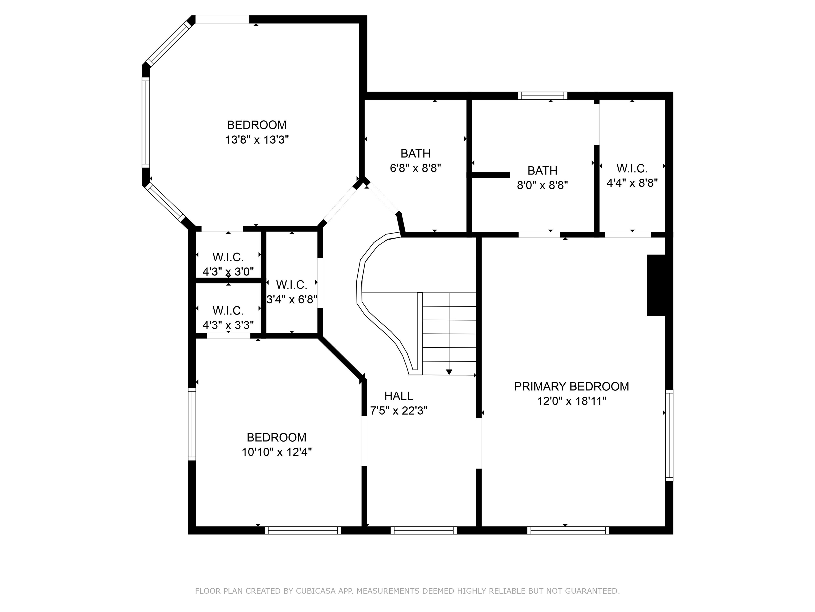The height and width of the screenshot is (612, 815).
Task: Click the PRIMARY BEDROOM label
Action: (x=571, y=386)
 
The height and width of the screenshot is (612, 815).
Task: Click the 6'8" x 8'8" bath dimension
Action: (x=416, y=168)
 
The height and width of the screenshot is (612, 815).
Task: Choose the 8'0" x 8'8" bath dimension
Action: (x=542, y=185)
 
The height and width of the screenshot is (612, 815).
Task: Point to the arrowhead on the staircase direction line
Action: (x=449, y=372)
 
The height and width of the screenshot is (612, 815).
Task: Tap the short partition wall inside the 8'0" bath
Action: (x=491, y=175)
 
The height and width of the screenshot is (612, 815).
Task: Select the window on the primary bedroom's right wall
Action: (x=669, y=435)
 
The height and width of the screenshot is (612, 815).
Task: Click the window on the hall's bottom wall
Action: (x=424, y=530)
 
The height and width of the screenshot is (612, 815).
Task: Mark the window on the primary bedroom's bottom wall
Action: (x=568, y=530)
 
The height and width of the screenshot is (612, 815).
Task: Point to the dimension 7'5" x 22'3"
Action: (x=399, y=411)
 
